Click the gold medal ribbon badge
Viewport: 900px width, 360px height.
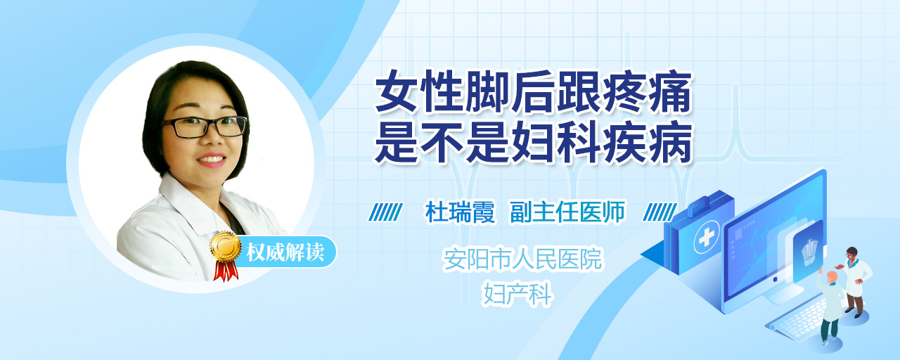[x=226, y=254]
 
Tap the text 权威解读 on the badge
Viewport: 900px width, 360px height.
[x=285, y=252]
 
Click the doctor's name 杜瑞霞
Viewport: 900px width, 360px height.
[x=460, y=212]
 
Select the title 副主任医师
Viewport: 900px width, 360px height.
[x=567, y=212]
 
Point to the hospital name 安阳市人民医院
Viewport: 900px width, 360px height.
[x=522, y=259]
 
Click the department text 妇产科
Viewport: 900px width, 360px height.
[x=518, y=294]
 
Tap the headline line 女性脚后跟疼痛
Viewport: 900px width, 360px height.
[x=533, y=93]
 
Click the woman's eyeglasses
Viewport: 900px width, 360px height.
[x=205, y=127]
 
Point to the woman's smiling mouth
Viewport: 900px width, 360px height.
[x=212, y=160]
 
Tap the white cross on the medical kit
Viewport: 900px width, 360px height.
[x=706, y=238]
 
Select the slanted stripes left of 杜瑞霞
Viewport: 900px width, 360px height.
[x=386, y=212]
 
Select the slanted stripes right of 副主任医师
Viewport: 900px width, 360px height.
[x=660, y=212]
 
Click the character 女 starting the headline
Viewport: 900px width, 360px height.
[x=396, y=93]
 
